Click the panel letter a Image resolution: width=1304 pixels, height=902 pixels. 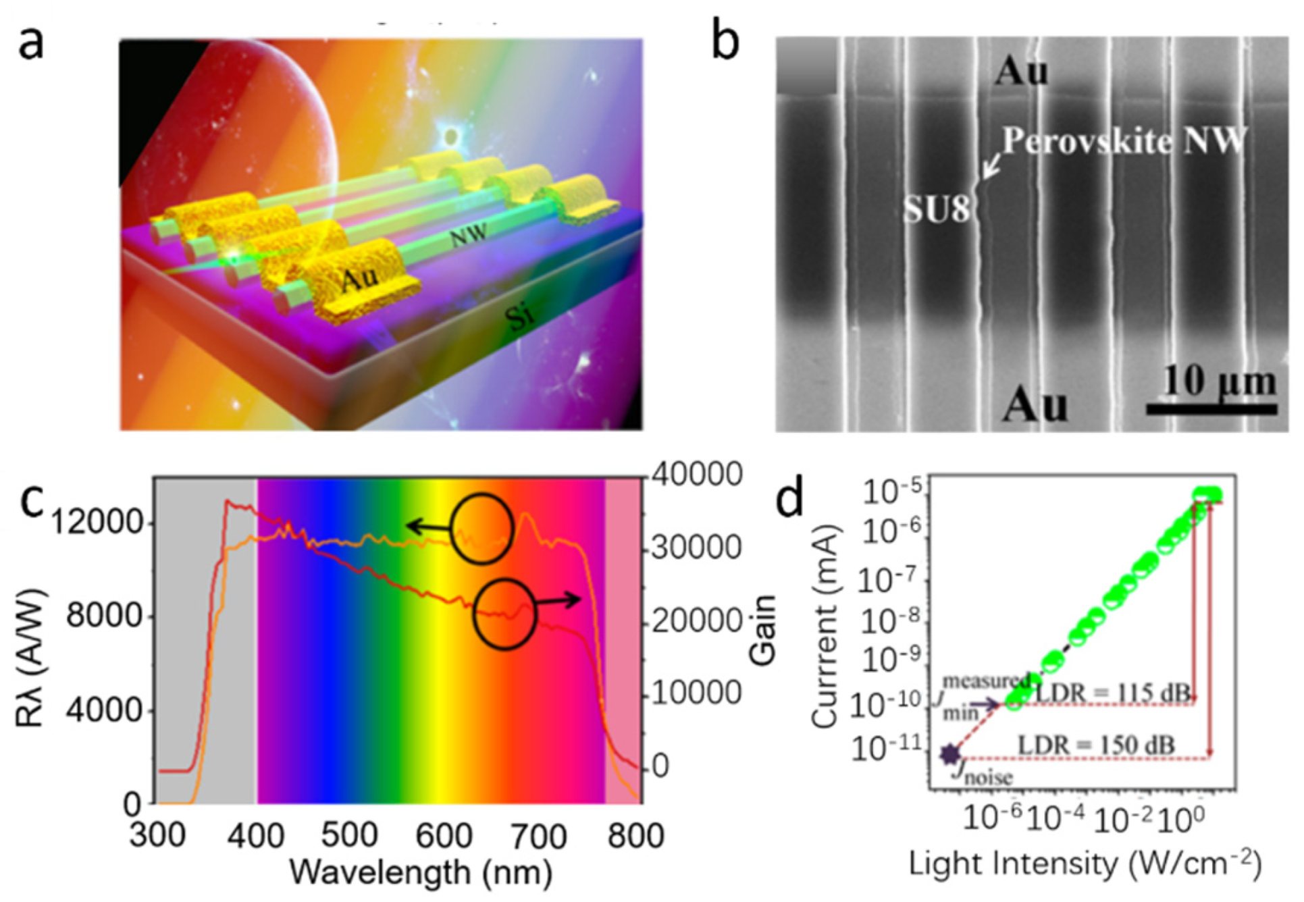coord(30,43)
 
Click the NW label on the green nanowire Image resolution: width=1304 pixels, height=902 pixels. coord(468,236)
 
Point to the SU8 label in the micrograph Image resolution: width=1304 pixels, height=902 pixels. coord(937,211)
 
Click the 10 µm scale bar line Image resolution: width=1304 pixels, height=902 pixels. coord(1211,408)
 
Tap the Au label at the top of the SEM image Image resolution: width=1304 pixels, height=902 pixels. coord(1022,71)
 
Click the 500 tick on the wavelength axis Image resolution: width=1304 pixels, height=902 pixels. coord(348,835)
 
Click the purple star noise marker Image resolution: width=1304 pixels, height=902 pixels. coord(950,754)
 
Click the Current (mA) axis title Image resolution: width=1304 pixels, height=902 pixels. coord(825,629)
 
